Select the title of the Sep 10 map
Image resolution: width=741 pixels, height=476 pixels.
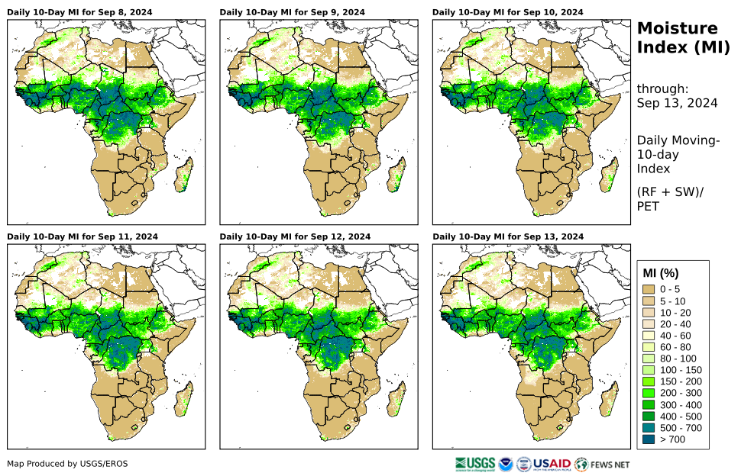507,12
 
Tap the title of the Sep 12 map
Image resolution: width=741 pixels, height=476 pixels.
295,236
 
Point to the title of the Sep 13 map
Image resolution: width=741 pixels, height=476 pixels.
507,236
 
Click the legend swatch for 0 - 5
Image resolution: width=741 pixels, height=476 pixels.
649,289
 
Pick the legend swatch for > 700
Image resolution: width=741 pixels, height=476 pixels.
649,439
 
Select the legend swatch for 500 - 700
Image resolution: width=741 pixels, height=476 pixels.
649,428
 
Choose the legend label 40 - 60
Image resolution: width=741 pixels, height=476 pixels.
675,336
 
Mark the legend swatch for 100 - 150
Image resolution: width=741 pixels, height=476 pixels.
649,370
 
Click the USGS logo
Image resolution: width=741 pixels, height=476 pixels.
474,464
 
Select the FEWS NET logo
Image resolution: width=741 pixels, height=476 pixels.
603,464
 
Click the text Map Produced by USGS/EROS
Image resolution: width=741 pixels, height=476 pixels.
68,464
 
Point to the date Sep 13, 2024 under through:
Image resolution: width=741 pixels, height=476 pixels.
677,104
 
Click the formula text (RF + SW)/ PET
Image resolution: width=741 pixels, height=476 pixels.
669,198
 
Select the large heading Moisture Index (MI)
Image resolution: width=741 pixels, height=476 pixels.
678,38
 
